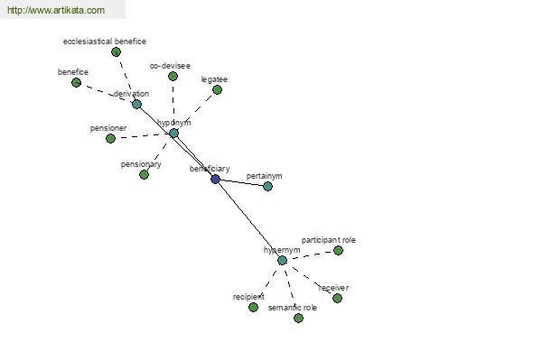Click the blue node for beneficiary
[215, 179]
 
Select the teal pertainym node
[268, 186]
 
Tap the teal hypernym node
[282, 261]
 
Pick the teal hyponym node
[173, 133]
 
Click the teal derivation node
[137, 104]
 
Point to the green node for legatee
[217, 90]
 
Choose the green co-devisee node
[173, 76]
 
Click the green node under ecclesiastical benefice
[117, 51]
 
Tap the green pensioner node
[110, 138]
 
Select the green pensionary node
[145, 174]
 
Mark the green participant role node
[338, 251]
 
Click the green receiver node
[337, 298]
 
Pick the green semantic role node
[299, 318]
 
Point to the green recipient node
[253, 307]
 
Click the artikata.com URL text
[56, 10]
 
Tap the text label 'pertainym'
[264, 176]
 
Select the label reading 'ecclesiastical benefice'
[105, 42]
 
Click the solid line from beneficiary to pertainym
[241, 182]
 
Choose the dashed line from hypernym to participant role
[310, 255]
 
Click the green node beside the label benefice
[77, 82]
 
